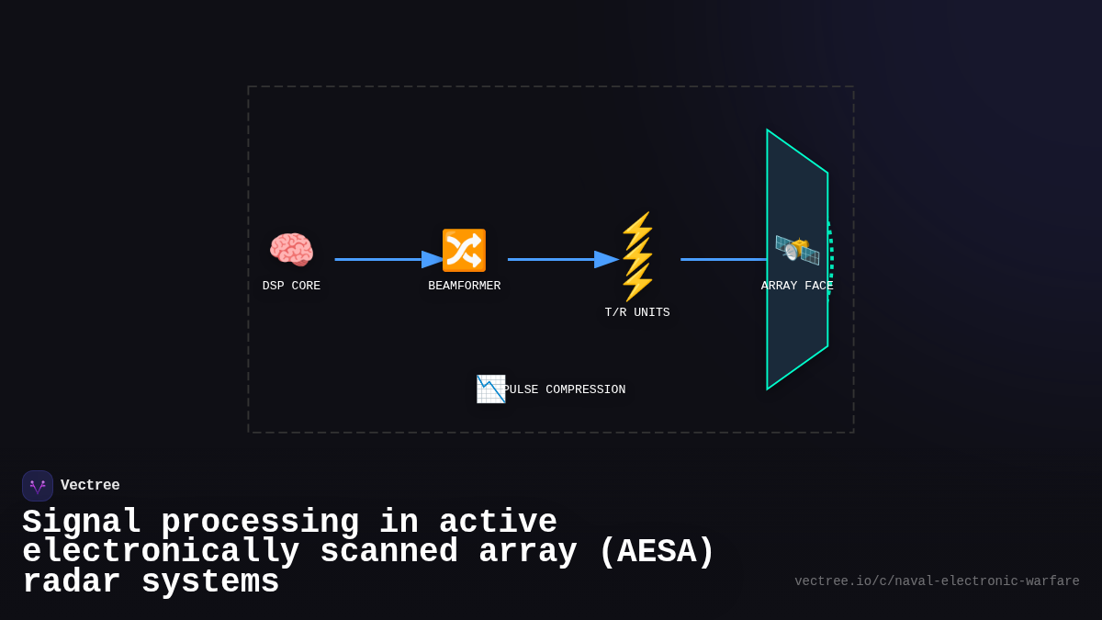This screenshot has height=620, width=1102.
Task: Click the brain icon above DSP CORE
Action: [x=291, y=250]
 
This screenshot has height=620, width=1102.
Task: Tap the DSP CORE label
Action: [x=291, y=286]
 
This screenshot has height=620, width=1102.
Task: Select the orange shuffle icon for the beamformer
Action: [x=464, y=250]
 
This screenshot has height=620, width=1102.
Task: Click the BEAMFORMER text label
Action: [x=464, y=286]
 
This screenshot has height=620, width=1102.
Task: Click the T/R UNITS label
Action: [x=637, y=312]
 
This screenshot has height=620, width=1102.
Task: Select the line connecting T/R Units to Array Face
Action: [x=723, y=259]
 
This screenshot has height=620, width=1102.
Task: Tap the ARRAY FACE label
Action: [x=797, y=286]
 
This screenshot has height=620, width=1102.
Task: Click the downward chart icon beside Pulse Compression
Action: [x=490, y=389]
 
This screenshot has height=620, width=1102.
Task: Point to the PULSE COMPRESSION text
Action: [x=564, y=389]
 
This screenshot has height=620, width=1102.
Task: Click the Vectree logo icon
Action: [x=38, y=486]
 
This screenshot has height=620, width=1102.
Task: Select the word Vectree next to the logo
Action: [x=90, y=485]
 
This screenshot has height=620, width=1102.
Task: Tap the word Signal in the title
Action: [x=82, y=523]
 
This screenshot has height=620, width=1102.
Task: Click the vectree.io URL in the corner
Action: [x=937, y=581]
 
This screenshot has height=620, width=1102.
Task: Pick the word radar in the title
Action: [x=72, y=582]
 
